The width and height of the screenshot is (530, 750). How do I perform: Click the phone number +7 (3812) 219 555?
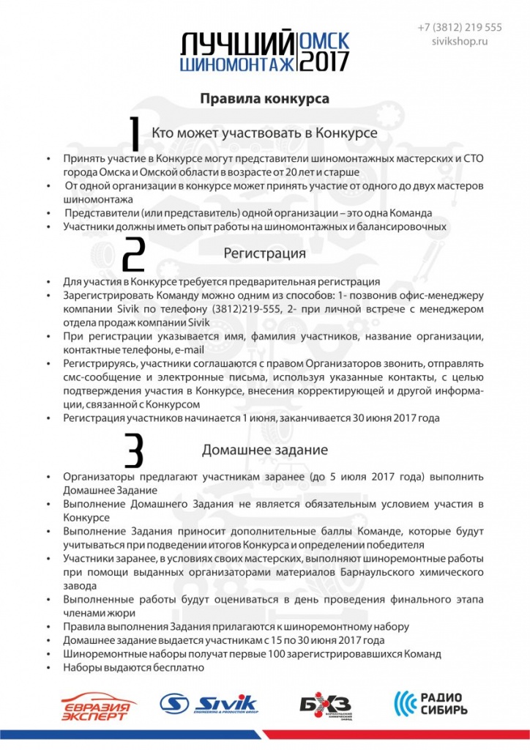click(x=460, y=27)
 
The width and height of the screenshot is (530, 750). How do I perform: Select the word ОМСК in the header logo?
click(x=325, y=40)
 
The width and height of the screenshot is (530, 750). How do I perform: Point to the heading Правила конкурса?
click(x=264, y=98)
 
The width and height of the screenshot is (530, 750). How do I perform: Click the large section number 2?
click(x=134, y=256)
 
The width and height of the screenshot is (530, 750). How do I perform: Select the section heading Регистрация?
click(x=264, y=254)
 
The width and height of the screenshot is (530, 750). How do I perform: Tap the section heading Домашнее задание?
click(x=264, y=448)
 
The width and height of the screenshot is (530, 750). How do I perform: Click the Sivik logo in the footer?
click(x=208, y=704)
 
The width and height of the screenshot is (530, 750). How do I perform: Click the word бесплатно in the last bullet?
click(x=176, y=667)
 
